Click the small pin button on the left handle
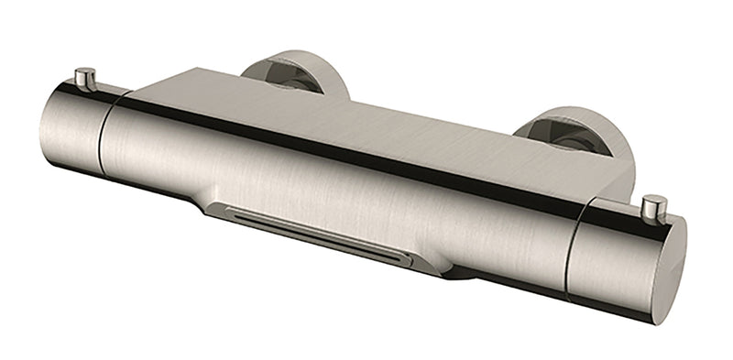click(x=85, y=78)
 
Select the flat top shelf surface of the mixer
click(x=366, y=128)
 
